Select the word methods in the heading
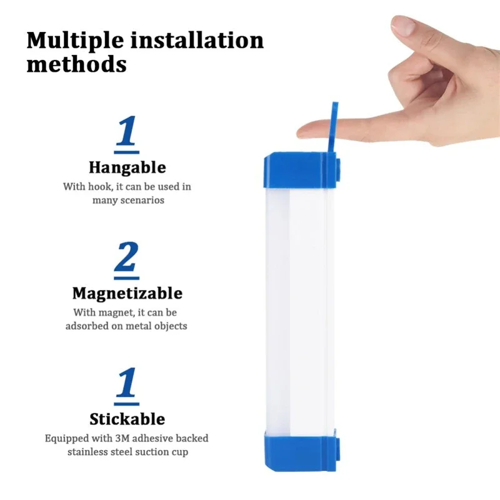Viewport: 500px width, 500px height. coord(76,64)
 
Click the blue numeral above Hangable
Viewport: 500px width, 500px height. coord(127,133)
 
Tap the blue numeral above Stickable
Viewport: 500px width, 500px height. coord(127,384)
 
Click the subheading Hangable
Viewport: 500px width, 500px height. coord(127,167)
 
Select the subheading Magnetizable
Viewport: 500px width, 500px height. coord(127,293)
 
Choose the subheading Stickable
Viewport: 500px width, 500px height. coord(127,419)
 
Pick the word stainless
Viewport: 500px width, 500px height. coord(89,452)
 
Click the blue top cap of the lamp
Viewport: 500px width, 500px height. coord(299,170)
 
